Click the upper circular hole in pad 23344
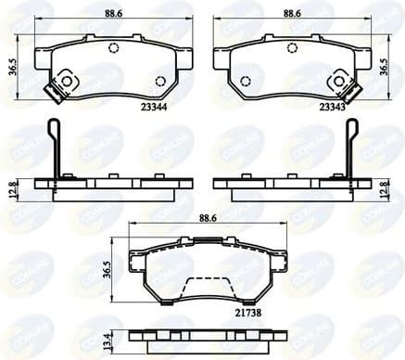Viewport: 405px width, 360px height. pyautogui.click(x=113, y=49)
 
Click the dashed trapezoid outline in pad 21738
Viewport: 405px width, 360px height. pyautogui.click(x=203, y=289)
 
